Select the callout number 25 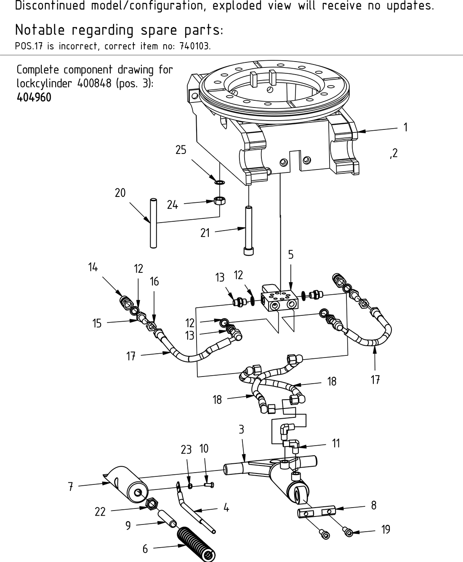181,150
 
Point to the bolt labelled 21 248,230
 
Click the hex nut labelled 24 218,201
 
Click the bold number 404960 34,97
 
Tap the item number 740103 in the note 194,46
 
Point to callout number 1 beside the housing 405,127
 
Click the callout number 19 386,530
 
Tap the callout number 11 335,443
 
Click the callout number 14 93,267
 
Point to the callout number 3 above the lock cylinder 241,430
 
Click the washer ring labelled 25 219,183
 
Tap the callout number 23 186,450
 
